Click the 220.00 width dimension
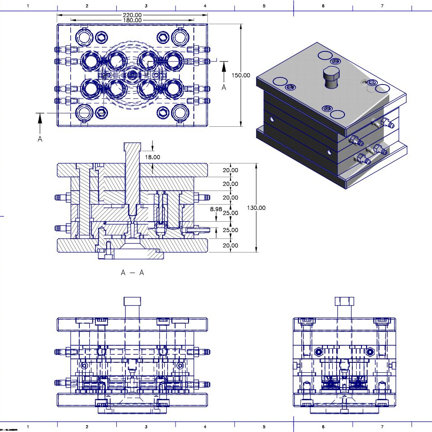[x=132, y=15]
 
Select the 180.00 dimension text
[x=132, y=20]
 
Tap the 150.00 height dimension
[x=241, y=75]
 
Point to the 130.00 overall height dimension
[x=256, y=208]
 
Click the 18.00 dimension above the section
[x=152, y=157]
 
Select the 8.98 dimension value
[x=216, y=209]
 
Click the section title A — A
[x=132, y=273]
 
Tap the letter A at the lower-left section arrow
[x=40, y=139]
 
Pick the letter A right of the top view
[x=224, y=87]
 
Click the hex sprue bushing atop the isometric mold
[x=332, y=77]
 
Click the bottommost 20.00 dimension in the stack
[x=230, y=246]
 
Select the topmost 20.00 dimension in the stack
[x=230, y=170]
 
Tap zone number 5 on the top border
[x=264, y=6]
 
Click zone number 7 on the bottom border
[x=382, y=427]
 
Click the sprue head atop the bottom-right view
[x=344, y=301]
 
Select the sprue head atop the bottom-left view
[x=132, y=301]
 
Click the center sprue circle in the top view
[x=132, y=75]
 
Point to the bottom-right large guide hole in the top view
[x=179, y=112]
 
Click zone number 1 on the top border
[x=28, y=6]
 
